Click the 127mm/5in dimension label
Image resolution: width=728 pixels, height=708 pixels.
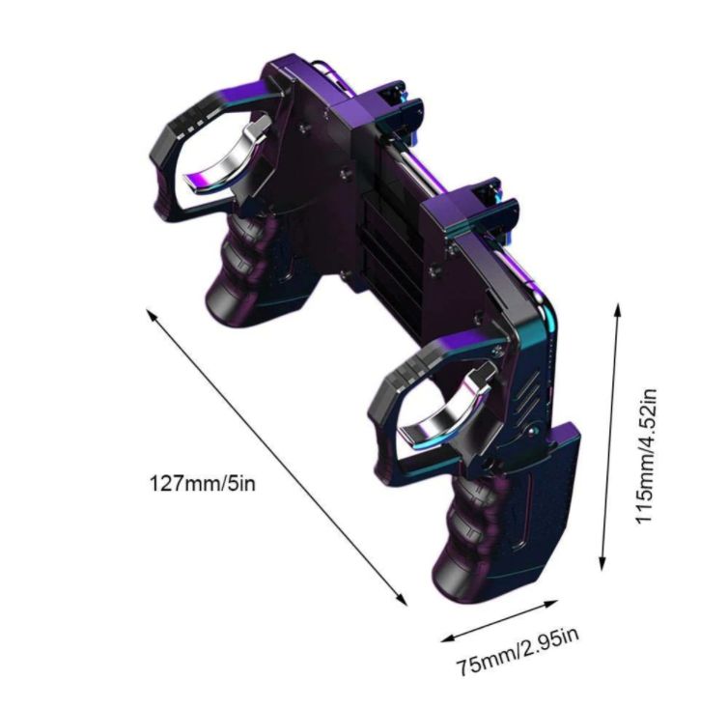coord(202,483)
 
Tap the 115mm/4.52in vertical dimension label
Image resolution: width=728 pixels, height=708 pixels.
coord(646,457)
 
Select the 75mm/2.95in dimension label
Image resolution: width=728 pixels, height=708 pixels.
coord(518,652)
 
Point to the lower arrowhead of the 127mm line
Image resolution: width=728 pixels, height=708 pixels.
coord(402,600)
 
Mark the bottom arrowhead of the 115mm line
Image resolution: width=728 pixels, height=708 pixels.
coord(602,563)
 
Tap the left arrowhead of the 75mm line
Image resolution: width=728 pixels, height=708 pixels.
coord(447,638)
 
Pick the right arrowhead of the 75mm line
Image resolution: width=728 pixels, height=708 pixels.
coord(551,604)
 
